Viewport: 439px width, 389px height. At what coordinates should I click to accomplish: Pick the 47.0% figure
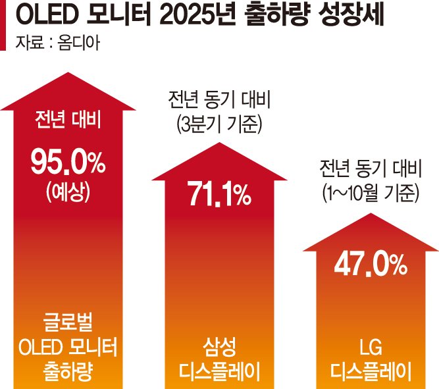[x=370, y=263]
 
